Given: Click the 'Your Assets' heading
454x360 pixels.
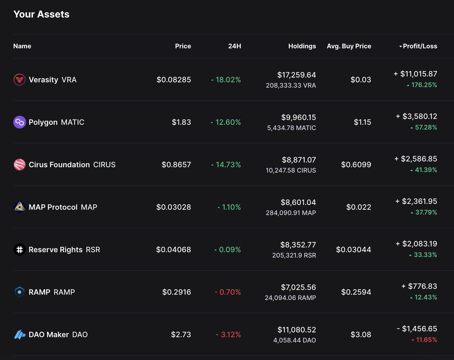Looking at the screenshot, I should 41,14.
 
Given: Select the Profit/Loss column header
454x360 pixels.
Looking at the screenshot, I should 420,46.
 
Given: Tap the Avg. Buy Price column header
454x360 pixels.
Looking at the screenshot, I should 349,46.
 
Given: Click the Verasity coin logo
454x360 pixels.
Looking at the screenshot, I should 19,80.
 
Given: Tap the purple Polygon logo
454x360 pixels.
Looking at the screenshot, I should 19,122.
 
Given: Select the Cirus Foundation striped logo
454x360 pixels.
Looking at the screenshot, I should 19,164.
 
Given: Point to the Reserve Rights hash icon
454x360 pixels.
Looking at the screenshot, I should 19,250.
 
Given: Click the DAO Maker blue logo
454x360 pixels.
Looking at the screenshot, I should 19,335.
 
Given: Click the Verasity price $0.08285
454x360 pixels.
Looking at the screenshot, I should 174,80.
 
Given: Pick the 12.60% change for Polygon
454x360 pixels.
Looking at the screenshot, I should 228,122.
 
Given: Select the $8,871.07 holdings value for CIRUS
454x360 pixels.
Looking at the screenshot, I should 299,160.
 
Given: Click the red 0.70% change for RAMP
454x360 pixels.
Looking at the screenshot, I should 230,292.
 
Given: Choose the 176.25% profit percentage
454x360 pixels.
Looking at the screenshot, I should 423,85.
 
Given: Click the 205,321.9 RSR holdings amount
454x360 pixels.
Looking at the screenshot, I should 294,255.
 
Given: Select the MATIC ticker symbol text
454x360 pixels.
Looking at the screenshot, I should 73,122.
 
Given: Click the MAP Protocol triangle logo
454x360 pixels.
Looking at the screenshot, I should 19,207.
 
